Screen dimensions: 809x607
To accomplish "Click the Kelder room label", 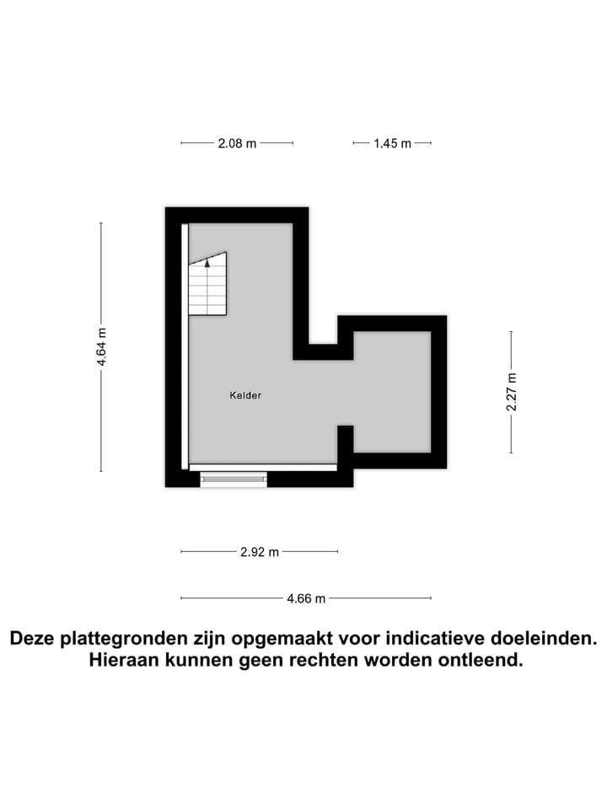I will point(245,395).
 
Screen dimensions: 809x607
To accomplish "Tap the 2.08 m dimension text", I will point(237,143).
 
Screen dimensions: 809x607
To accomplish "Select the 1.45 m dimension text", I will point(392,143).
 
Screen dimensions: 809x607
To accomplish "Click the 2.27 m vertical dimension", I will point(511,392).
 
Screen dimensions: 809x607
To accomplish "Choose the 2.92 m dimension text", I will point(259,552).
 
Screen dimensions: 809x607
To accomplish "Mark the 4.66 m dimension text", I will point(306,599).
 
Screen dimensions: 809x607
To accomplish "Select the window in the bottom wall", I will point(234,479).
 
